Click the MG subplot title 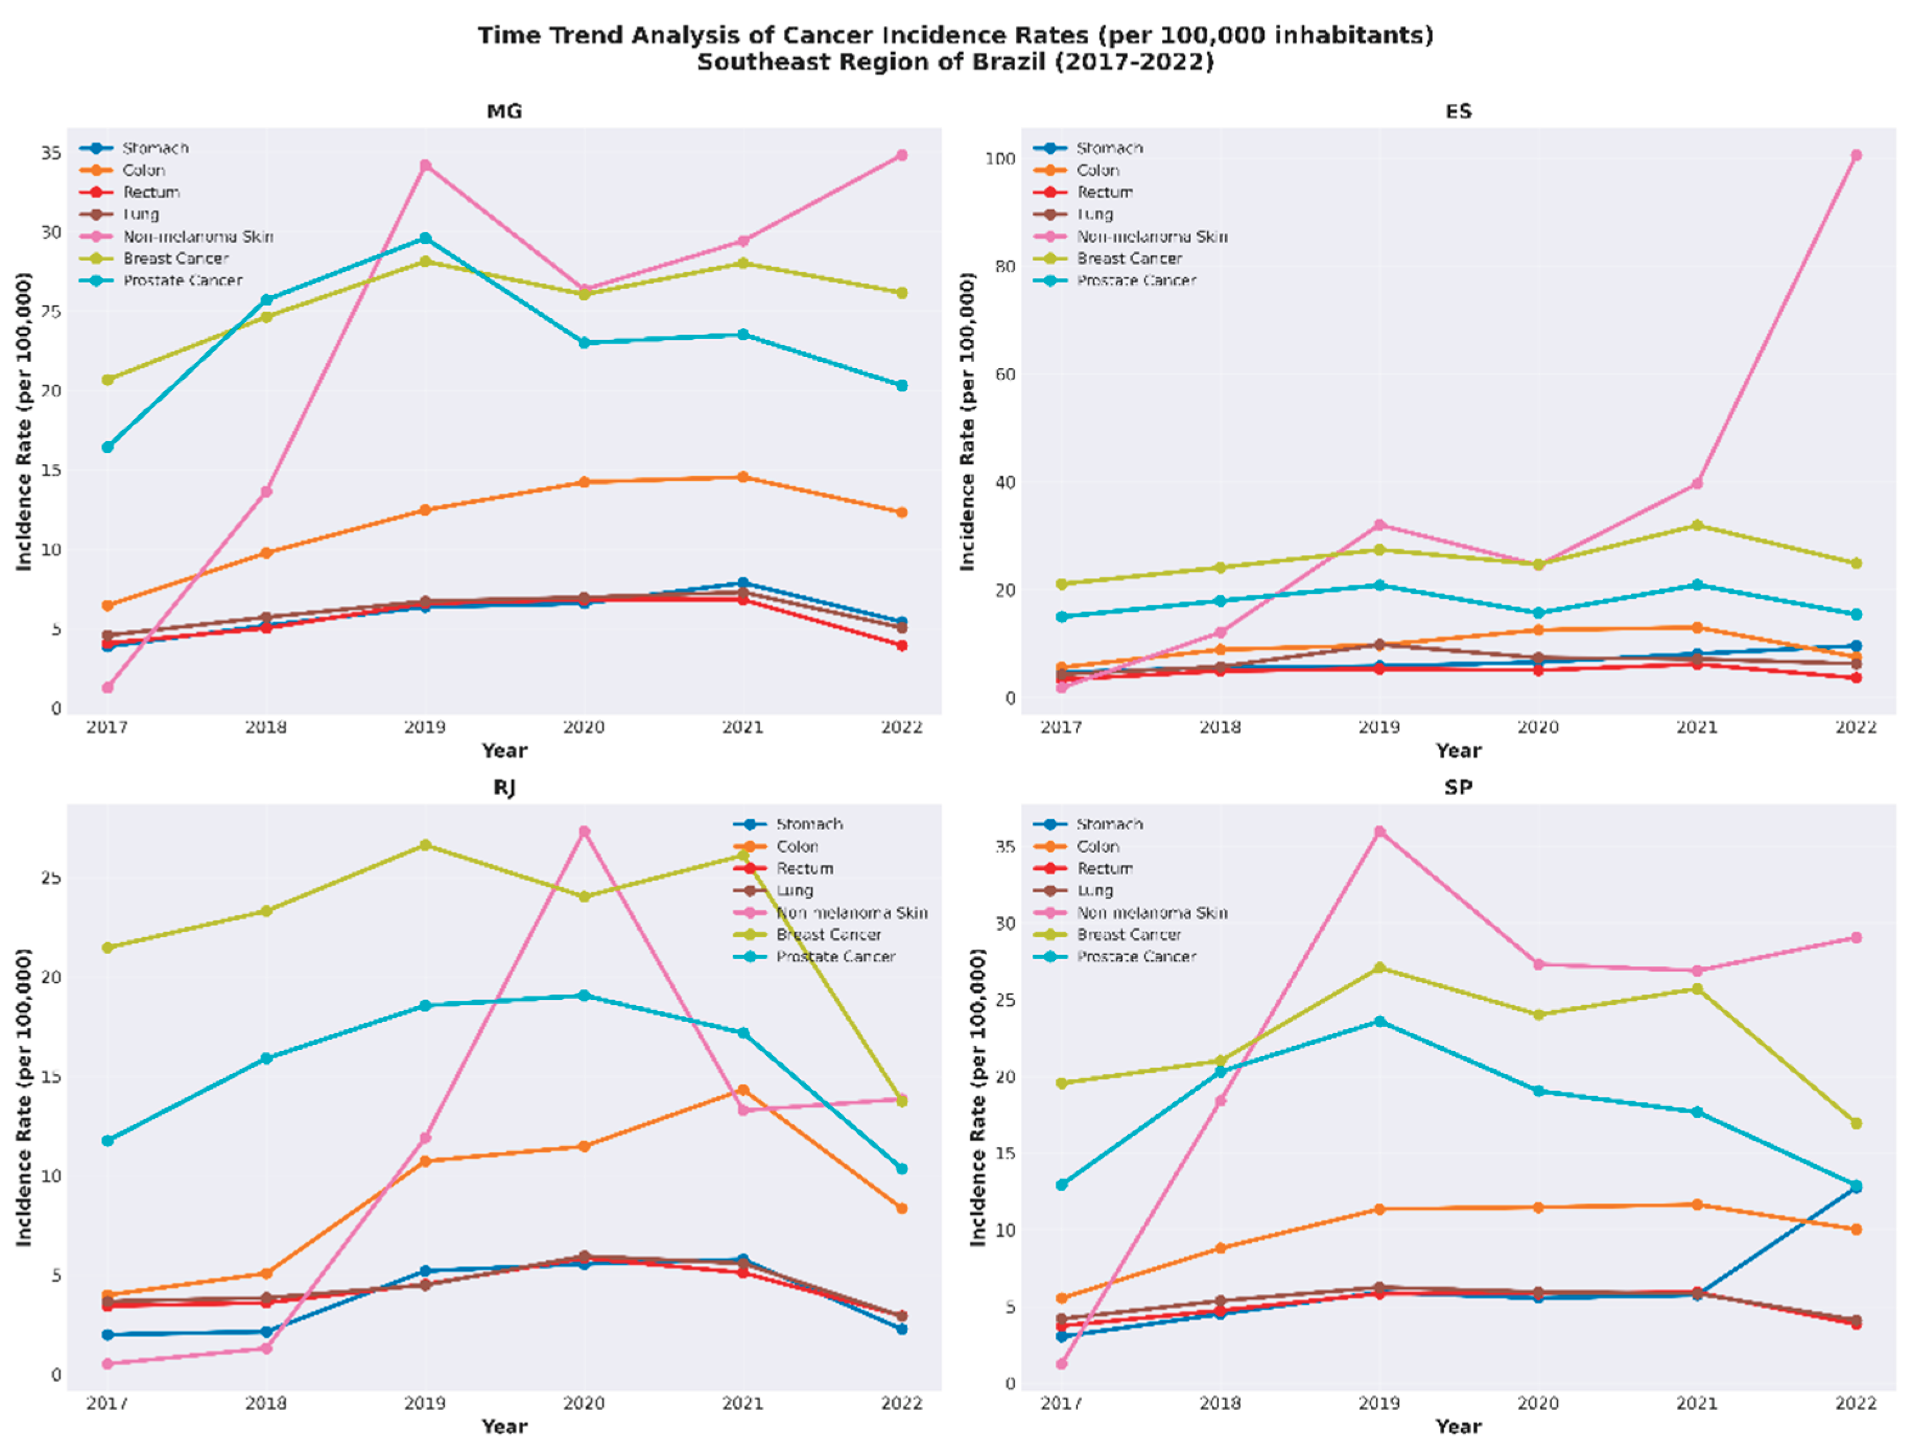pos(504,112)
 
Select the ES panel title pos(1458,112)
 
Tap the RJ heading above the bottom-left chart pos(504,787)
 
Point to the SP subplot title pos(1458,787)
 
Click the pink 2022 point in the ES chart pos(1856,155)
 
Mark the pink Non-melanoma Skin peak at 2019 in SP pos(1379,831)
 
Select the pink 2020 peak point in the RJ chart pos(584,831)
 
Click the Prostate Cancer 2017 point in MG pos(108,447)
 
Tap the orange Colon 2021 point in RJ pos(742,1090)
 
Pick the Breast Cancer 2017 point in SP pos(1061,1083)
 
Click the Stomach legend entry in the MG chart pos(155,149)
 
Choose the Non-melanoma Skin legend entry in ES pos(1152,236)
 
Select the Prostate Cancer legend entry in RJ pos(835,956)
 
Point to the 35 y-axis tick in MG pos(51,153)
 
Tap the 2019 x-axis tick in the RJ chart pos(425,1403)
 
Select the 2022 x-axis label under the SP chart pos(1856,1403)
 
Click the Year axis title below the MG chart pos(504,750)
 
